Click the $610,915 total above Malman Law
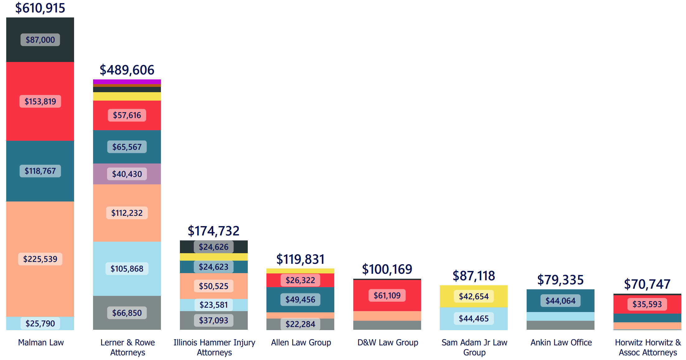click(x=40, y=8)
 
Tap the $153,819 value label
click(x=40, y=102)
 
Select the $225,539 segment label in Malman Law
click(x=40, y=259)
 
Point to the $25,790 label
click(x=40, y=324)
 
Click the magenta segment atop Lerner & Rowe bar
click(x=127, y=82)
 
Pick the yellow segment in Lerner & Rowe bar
click(x=127, y=96)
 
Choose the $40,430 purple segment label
click(x=127, y=174)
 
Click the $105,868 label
click(x=127, y=269)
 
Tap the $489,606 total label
click(x=127, y=70)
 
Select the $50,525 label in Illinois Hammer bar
click(x=214, y=286)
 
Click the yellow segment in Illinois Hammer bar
click(x=214, y=257)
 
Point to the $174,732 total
click(x=214, y=231)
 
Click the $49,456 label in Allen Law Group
click(x=300, y=300)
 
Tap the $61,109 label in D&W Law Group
click(x=387, y=296)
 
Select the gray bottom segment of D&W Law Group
click(x=387, y=325)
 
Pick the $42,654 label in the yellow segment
click(x=473, y=296)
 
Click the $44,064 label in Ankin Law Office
click(x=560, y=301)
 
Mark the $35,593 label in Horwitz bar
click(x=647, y=304)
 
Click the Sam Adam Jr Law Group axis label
click(x=474, y=347)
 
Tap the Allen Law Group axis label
click(x=301, y=343)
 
